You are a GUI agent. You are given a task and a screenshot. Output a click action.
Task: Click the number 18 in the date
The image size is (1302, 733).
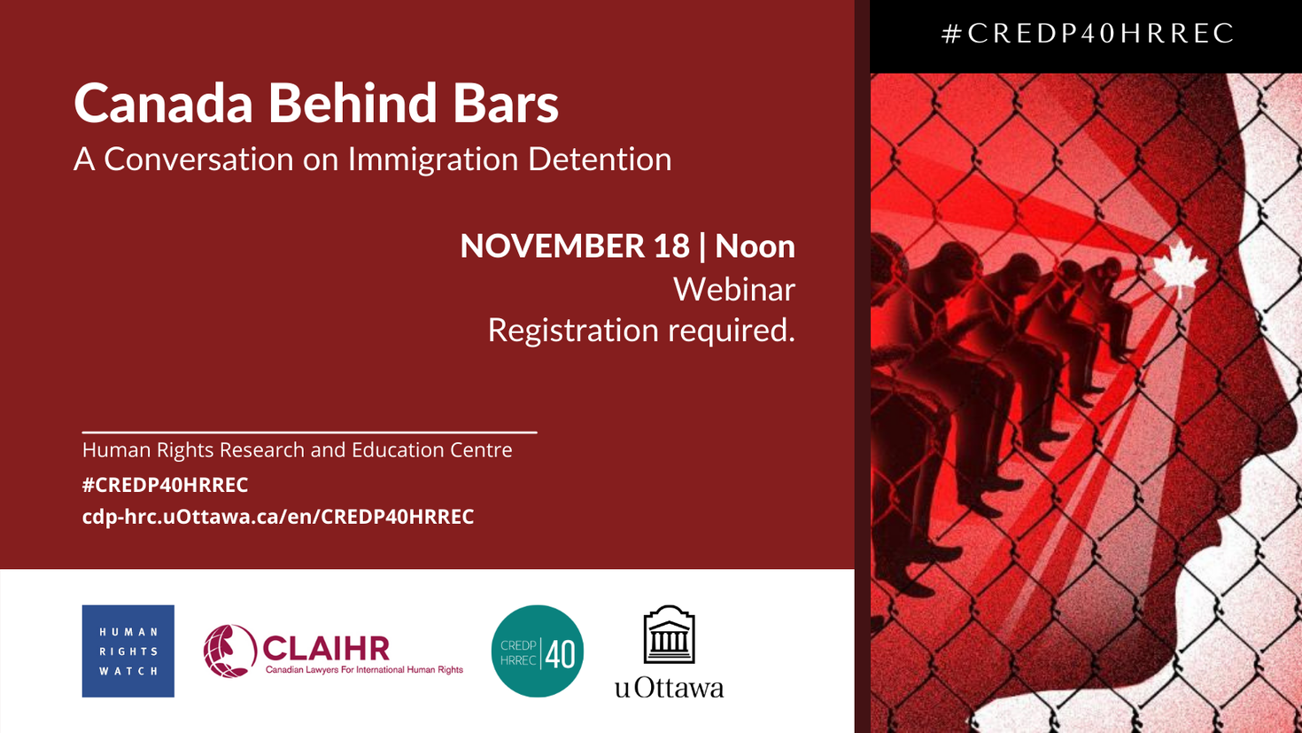[671, 246]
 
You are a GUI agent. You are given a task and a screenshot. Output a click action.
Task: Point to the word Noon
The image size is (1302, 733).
[755, 246]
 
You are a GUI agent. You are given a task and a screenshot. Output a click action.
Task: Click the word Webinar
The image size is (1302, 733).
[733, 290]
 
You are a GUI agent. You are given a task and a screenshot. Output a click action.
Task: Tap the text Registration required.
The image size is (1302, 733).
[640, 331]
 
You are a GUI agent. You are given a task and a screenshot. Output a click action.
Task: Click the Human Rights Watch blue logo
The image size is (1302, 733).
[128, 651]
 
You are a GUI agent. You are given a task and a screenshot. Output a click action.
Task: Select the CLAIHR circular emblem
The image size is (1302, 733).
[229, 651]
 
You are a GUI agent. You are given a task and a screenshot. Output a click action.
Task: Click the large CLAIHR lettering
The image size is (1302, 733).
[326, 647]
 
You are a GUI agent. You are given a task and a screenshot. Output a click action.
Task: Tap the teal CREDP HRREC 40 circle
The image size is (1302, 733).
[537, 651]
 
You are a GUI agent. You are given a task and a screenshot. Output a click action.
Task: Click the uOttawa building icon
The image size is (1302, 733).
[669, 635]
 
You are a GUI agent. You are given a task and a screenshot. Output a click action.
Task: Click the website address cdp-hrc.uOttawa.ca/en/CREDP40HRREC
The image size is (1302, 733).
[278, 517]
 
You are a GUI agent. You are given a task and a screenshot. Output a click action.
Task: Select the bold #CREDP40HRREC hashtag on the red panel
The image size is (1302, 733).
[165, 485]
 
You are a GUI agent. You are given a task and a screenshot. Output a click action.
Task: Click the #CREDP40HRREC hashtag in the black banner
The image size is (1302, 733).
[1088, 34]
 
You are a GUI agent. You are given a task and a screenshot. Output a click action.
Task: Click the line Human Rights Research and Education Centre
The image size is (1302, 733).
[297, 450]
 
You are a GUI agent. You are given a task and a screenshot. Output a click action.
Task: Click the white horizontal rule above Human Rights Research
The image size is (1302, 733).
[309, 433]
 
